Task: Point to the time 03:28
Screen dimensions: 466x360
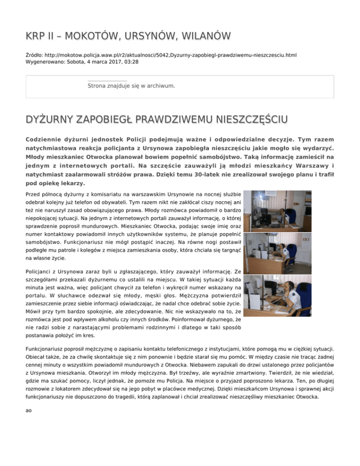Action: coord(130,61)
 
